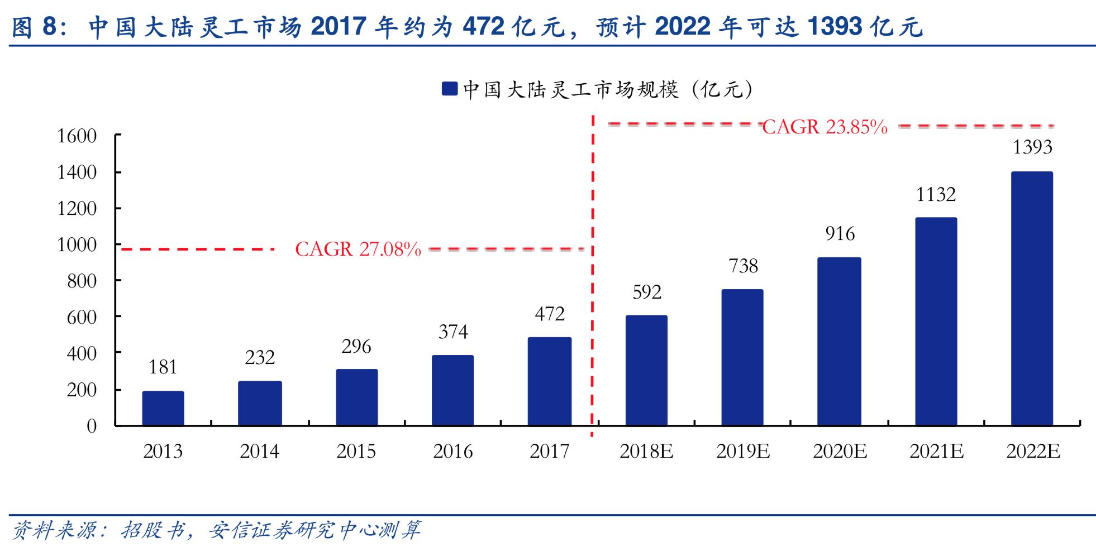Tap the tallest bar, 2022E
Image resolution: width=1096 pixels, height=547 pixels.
[x=1032, y=299]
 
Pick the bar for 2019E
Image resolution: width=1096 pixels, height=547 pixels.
[x=742, y=357]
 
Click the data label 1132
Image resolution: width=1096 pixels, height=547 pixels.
[x=936, y=194]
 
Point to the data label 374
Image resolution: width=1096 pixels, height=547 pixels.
[x=453, y=332]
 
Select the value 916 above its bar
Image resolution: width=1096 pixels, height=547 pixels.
[x=840, y=233]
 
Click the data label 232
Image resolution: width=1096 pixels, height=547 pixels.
[x=260, y=357]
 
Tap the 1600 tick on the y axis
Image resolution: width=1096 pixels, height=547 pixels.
[x=77, y=136]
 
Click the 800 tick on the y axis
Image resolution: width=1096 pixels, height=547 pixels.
[x=82, y=281]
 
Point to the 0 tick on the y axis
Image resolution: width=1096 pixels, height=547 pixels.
[x=92, y=426]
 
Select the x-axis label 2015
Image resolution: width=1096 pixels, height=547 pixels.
[x=356, y=451]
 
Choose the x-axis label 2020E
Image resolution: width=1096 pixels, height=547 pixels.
[x=840, y=451]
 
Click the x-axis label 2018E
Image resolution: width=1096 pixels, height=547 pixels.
[x=646, y=451]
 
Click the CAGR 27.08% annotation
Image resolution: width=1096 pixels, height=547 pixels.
[x=358, y=249]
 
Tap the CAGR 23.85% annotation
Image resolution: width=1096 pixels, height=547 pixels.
[x=825, y=127]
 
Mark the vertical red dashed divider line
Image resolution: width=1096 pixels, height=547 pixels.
[x=593, y=279]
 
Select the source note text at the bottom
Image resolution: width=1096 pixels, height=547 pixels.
[x=216, y=530]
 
